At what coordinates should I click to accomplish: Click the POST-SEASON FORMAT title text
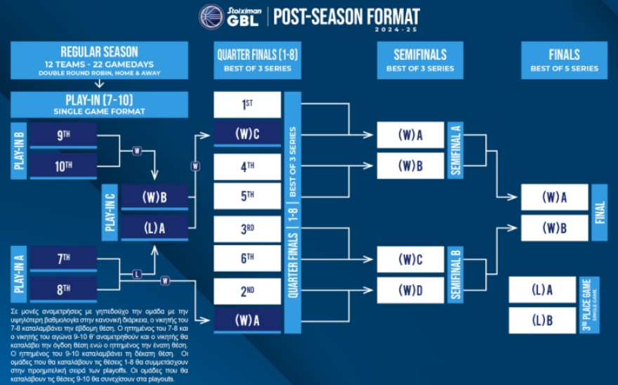click(x=346, y=16)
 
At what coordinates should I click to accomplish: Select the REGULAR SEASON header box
click(x=99, y=60)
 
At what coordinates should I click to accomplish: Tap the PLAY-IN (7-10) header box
click(x=99, y=105)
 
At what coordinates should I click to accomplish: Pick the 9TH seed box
click(x=63, y=136)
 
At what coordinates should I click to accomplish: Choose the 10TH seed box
click(x=63, y=166)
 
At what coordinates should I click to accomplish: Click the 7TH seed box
click(x=63, y=259)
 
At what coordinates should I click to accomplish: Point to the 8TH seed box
click(x=63, y=289)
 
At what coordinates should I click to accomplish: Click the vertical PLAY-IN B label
click(x=20, y=151)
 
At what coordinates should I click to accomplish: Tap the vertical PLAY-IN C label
click(x=110, y=213)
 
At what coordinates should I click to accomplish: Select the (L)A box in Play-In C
click(x=154, y=227)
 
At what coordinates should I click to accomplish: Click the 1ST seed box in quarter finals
click(x=247, y=105)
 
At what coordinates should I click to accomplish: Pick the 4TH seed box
click(x=247, y=167)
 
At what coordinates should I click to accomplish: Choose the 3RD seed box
click(x=247, y=228)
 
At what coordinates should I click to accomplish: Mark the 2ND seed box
click(x=247, y=290)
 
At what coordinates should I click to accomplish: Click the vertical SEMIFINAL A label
click(x=456, y=150)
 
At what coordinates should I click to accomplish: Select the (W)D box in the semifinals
click(x=410, y=289)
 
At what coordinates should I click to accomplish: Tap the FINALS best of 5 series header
click(x=564, y=60)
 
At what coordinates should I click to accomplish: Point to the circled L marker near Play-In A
click(x=137, y=274)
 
